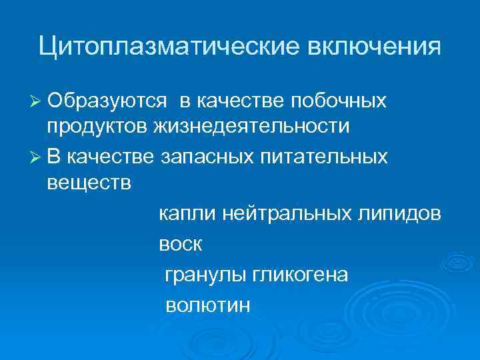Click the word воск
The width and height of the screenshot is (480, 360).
(180, 245)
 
